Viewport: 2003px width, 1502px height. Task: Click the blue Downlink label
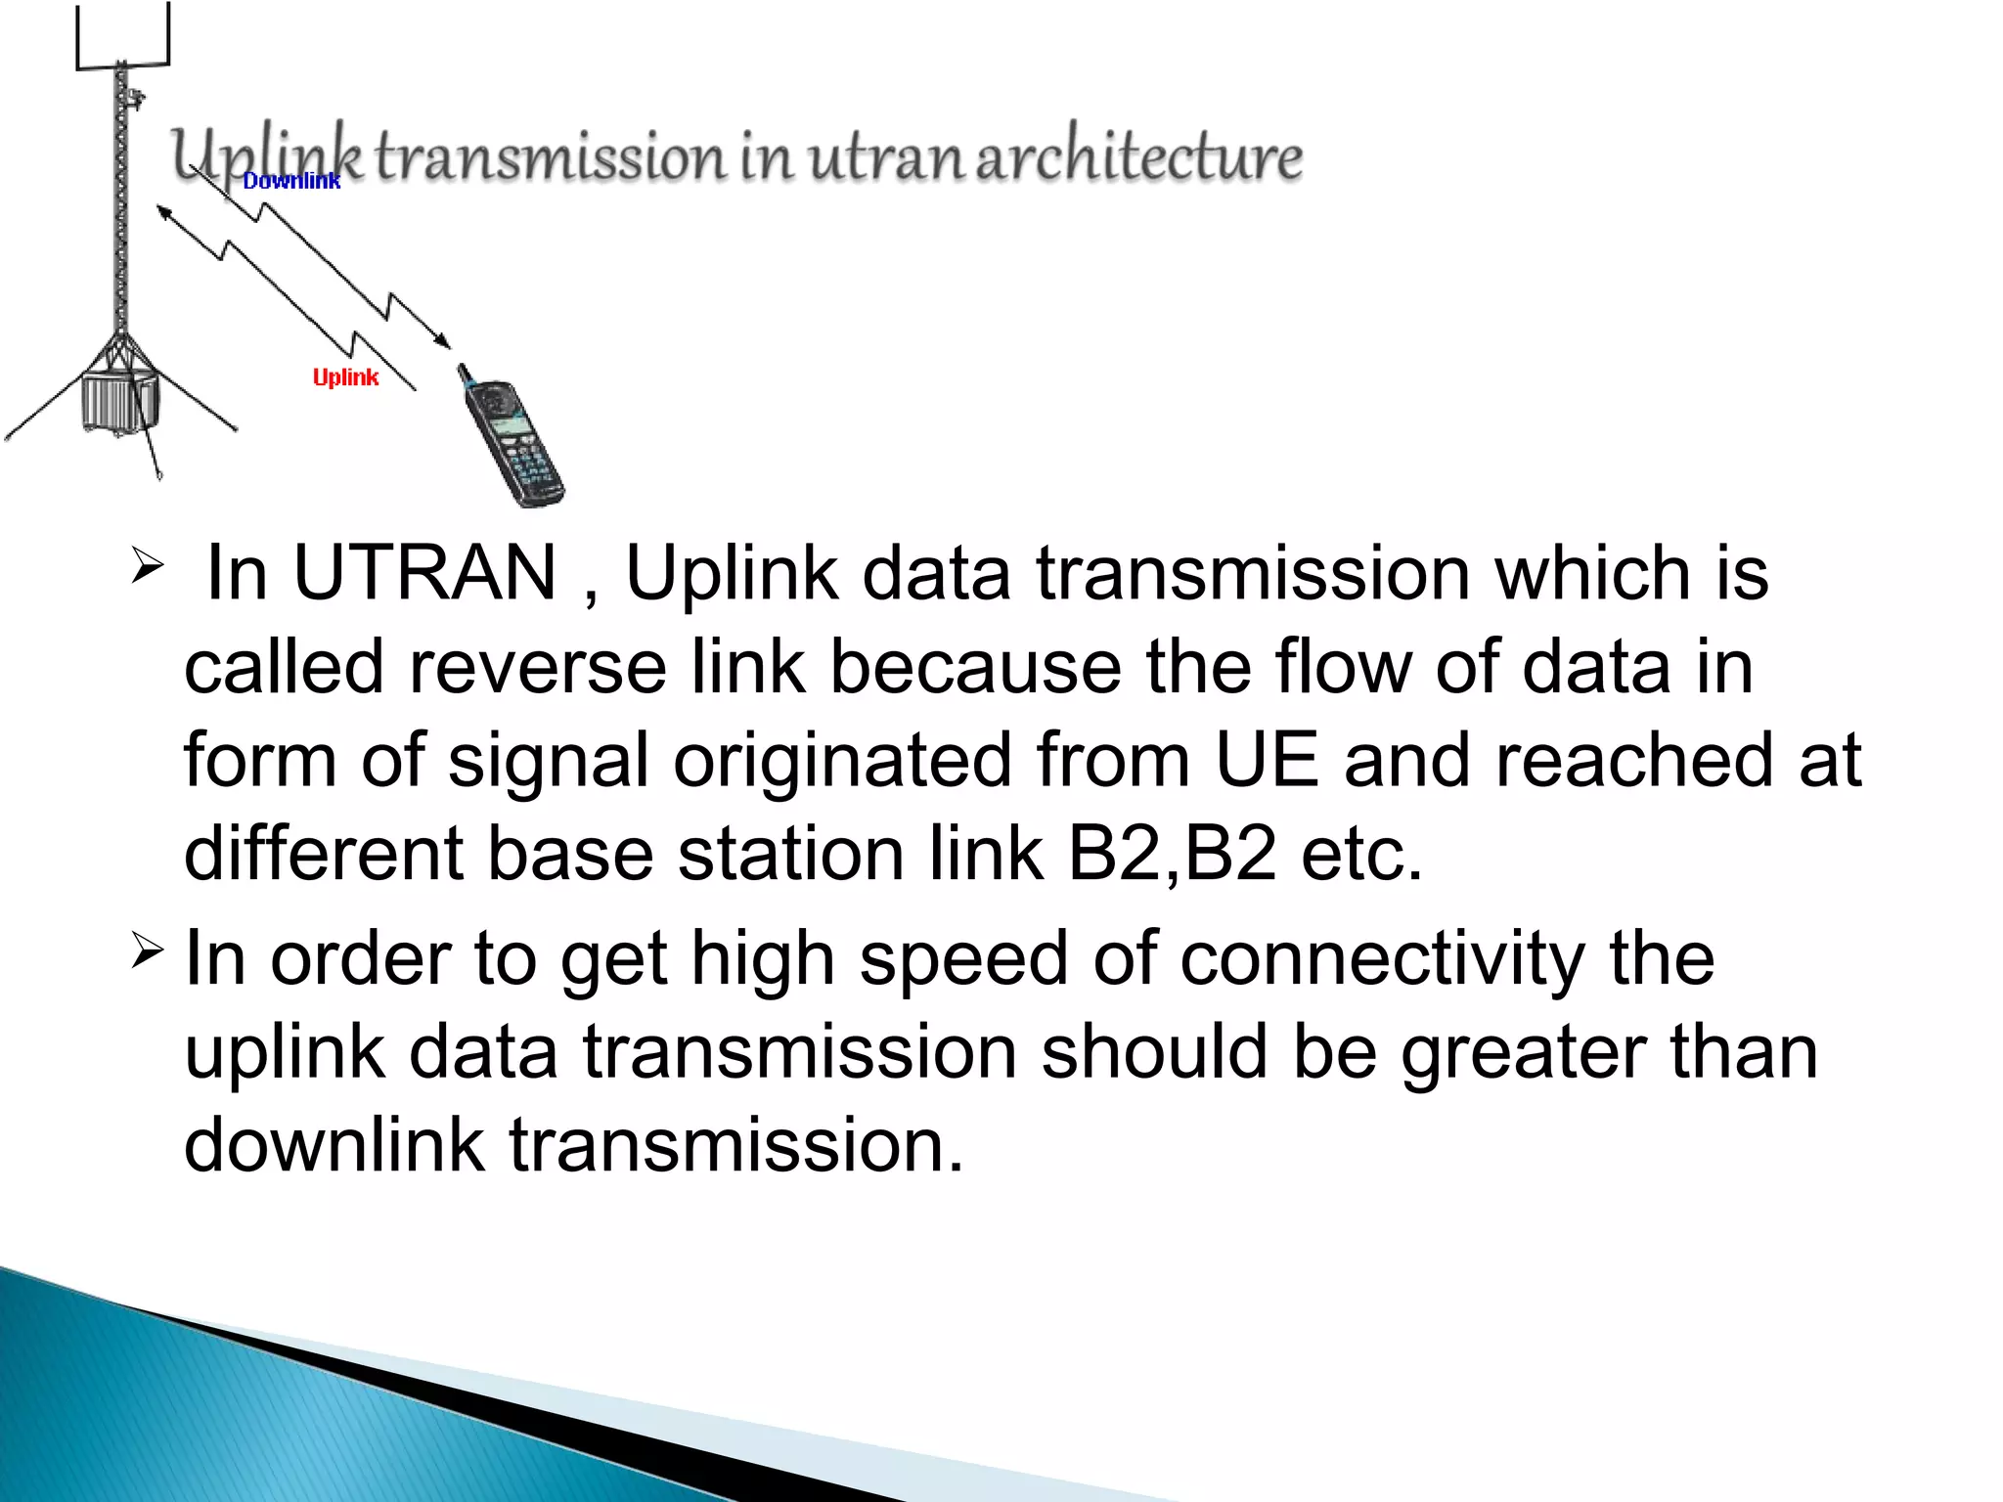pos(291,181)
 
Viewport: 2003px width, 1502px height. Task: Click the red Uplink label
pos(345,377)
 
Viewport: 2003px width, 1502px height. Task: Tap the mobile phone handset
pos(511,438)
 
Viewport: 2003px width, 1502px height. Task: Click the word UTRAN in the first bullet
pos(424,573)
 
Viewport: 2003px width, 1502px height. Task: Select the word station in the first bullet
pos(790,854)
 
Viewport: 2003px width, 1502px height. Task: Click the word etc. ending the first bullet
pos(1361,854)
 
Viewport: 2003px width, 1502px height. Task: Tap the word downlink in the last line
pos(334,1145)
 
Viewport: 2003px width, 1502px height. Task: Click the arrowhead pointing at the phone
pos(445,341)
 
